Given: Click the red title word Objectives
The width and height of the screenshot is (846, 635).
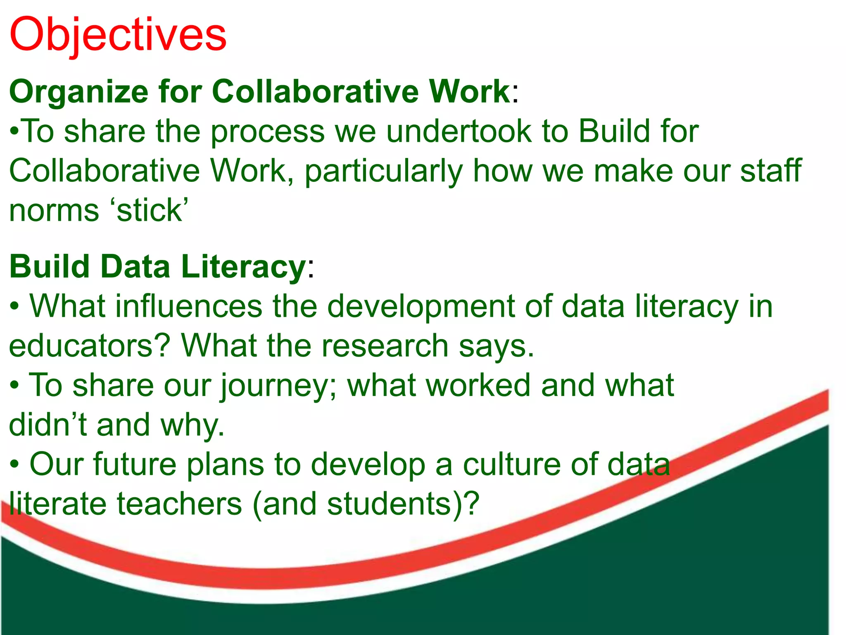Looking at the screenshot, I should (x=118, y=35).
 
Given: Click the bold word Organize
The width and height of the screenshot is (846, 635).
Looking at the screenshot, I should (x=78, y=92).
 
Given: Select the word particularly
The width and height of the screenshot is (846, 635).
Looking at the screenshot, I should (x=384, y=171).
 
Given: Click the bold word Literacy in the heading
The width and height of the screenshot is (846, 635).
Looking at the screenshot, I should (x=243, y=267).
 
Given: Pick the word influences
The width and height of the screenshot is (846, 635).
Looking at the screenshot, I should (x=189, y=306).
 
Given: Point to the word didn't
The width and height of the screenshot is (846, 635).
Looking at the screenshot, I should (x=48, y=425).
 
